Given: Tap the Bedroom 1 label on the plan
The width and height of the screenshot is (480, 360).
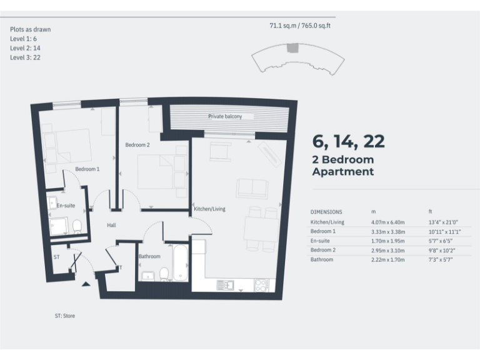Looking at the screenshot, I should pyautogui.click(x=87, y=169).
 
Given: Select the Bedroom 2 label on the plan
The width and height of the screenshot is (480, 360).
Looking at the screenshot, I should pyautogui.click(x=137, y=145).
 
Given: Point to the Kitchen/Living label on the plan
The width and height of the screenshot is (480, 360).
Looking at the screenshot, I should pyautogui.click(x=209, y=209).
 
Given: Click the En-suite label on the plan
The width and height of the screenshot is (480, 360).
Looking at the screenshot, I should pyautogui.click(x=66, y=206).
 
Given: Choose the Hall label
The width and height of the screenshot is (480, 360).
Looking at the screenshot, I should pyautogui.click(x=111, y=225).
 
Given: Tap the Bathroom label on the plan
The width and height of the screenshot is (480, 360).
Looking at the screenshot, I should pyautogui.click(x=149, y=256).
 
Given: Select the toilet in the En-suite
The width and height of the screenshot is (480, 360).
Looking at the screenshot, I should pyautogui.click(x=77, y=226).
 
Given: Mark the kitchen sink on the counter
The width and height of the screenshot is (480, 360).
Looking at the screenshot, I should pyautogui.click(x=225, y=285).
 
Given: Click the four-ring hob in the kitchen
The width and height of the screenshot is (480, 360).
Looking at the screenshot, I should pyautogui.click(x=261, y=285).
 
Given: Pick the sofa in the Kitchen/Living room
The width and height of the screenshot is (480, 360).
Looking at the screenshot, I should pyautogui.click(x=252, y=188).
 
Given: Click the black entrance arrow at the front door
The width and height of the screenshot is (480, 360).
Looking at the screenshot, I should pyautogui.click(x=86, y=284).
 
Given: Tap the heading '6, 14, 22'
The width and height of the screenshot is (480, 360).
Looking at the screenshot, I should pyautogui.click(x=348, y=142).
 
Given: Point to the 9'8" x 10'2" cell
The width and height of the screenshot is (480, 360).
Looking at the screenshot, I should pyautogui.click(x=442, y=249).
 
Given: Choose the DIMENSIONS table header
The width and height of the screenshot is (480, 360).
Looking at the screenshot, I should pyautogui.click(x=326, y=212).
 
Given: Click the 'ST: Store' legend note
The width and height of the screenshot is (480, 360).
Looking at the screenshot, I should pyautogui.click(x=64, y=316).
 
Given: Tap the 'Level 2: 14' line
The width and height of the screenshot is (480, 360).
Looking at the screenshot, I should pyautogui.click(x=26, y=48).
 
